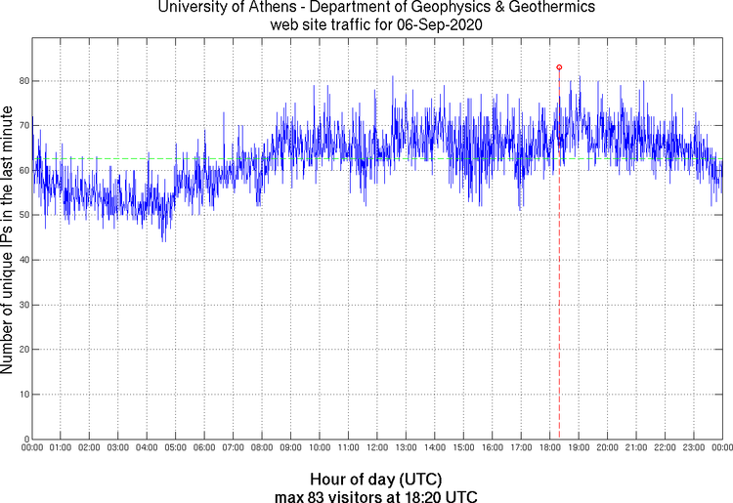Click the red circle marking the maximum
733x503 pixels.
point(559,67)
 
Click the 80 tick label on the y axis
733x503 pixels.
point(22,81)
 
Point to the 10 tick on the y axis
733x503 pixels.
point(22,395)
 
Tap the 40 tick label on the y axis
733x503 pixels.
point(22,260)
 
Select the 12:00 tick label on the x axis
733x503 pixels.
point(376,448)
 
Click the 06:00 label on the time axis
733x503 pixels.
point(204,448)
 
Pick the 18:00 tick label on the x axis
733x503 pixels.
point(549,448)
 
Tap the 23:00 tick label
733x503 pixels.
point(693,448)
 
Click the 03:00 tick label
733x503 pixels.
point(117,448)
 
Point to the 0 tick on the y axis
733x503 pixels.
point(25,439)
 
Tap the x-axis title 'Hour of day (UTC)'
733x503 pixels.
point(376,480)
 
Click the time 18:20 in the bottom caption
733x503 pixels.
point(431,495)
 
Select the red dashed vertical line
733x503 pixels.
point(559,293)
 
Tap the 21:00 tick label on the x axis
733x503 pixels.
point(635,448)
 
